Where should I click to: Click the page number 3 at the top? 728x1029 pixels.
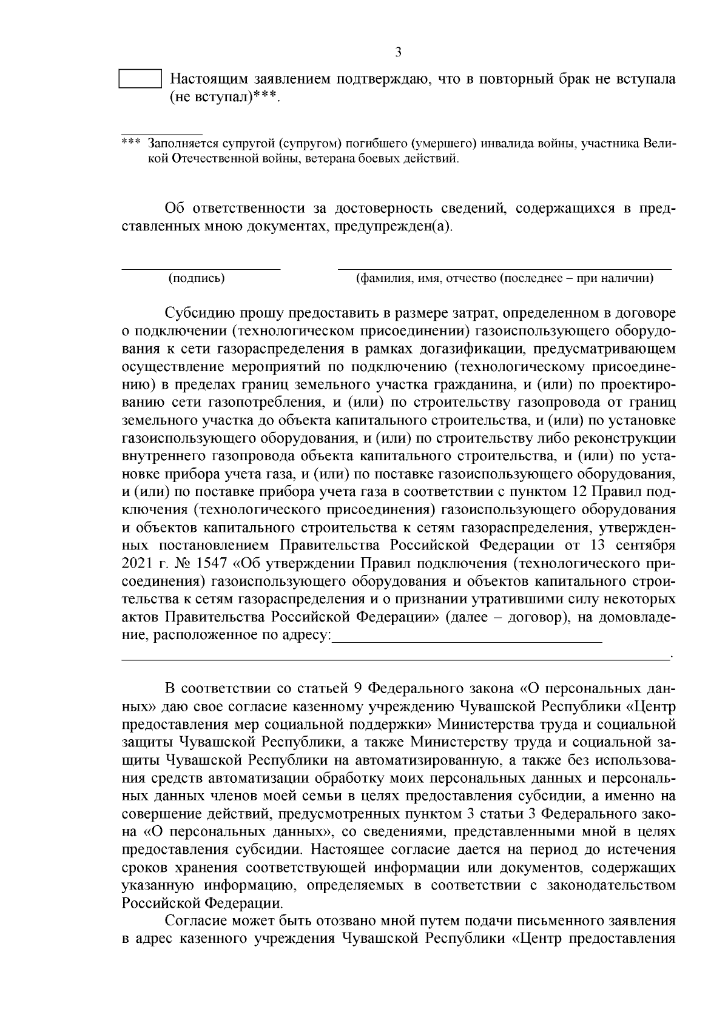(x=398, y=52)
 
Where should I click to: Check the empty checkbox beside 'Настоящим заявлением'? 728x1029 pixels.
(x=140, y=79)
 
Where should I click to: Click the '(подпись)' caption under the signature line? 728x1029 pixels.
(x=197, y=278)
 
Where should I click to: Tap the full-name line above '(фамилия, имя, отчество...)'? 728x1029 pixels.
(x=504, y=268)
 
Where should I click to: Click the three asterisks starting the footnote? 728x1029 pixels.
(x=130, y=144)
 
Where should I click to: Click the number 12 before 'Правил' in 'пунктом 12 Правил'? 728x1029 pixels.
(x=578, y=490)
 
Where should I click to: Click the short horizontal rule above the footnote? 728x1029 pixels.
(x=161, y=133)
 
